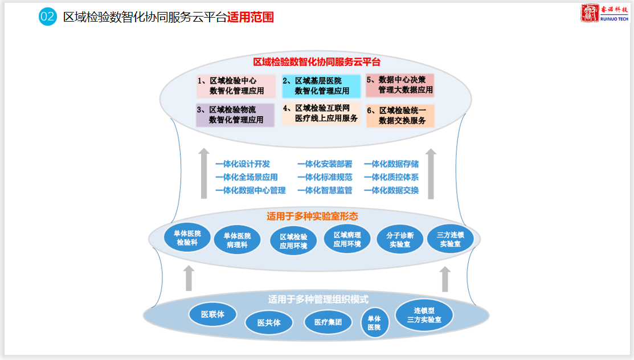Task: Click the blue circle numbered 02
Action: click(48, 17)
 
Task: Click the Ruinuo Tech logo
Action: click(604, 13)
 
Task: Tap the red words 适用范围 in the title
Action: click(250, 17)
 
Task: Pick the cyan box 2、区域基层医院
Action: click(321, 86)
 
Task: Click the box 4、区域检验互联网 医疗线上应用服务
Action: click(321, 113)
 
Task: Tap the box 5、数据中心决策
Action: click(400, 85)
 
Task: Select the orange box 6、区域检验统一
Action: click(400, 116)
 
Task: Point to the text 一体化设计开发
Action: click(243, 164)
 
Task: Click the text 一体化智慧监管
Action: click(325, 190)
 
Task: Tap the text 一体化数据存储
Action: click(391, 164)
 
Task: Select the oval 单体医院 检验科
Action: click(187, 238)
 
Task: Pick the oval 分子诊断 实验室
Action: click(400, 240)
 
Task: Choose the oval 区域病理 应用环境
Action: click(347, 240)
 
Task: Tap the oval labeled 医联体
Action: click(212, 314)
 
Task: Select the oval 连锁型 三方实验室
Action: click(424, 315)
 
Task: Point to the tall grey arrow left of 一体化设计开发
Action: click(204, 173)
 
